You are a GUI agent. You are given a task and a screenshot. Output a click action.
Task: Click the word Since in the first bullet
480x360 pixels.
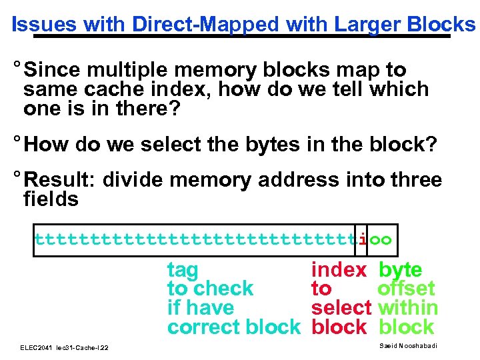click(x=55, y=70)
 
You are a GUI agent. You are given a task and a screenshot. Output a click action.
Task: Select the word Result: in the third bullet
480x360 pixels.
click(x=64, y=180)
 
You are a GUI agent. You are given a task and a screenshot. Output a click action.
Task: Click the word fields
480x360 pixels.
click(x=51, y=199)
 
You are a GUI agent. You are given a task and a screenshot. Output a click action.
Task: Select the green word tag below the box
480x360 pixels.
click(x=183, y=270)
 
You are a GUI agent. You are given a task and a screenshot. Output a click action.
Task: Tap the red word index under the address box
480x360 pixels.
click(x=339, y=270)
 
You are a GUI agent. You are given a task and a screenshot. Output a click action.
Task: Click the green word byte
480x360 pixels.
click(x=400, y=270)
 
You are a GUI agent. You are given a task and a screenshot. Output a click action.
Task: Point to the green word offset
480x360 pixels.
click(x=406, y=289)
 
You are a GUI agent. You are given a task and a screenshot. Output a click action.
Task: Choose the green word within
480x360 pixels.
click(x=407, y=308)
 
